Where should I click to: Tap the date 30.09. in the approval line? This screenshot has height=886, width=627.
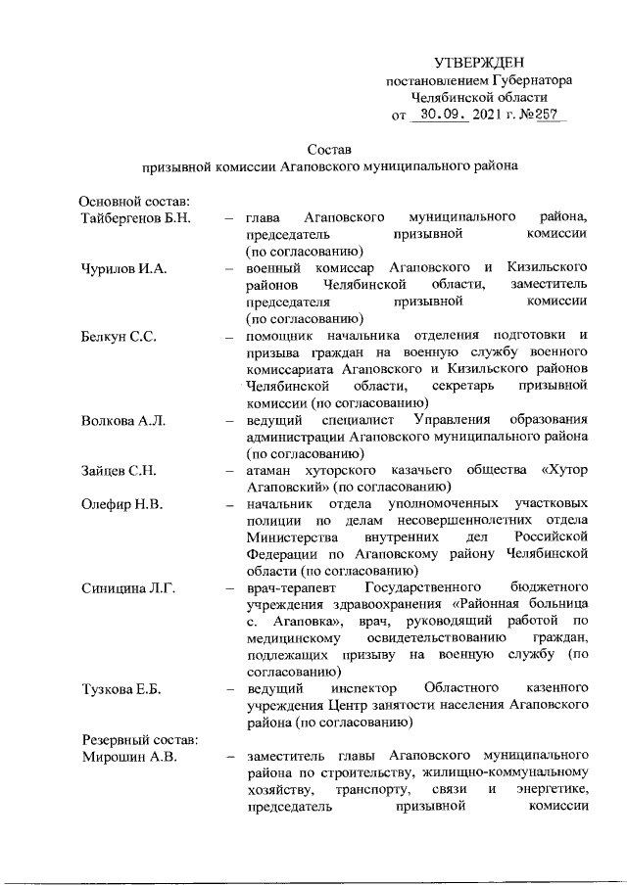click(437, 116)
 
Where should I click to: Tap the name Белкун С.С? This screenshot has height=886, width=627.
click(118, 336)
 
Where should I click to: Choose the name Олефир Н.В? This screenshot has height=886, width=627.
click(121, 505)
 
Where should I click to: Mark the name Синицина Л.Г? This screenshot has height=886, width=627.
click(127, 588)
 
